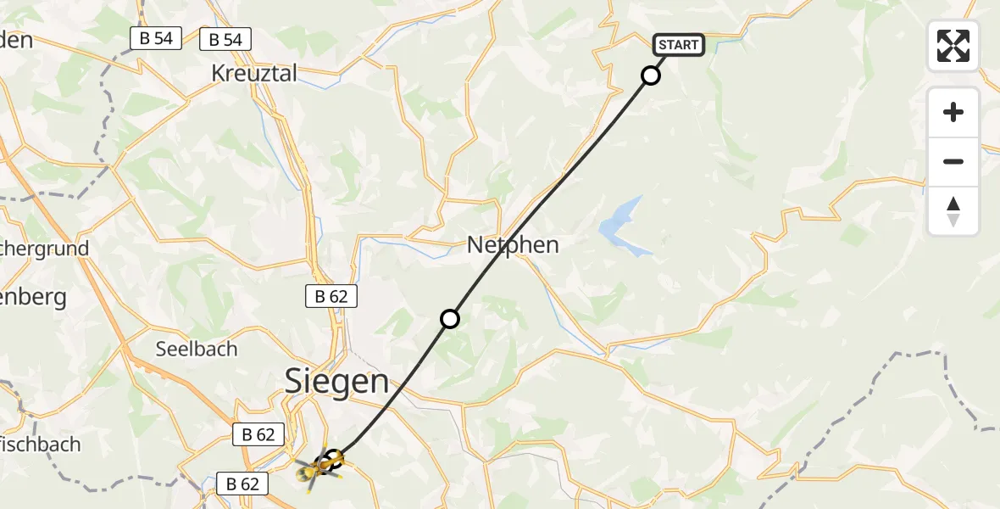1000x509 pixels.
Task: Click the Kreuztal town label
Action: (254, 73)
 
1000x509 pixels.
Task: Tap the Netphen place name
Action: (513, 245)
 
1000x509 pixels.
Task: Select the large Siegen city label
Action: (336, 381)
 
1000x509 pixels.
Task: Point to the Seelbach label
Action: (197, 349)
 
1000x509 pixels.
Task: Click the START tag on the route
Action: (678, 45)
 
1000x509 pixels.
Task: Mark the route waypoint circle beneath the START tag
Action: (650, 76)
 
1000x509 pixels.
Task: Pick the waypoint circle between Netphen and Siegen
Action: (450, 319)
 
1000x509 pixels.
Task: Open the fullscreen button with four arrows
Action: (953, 46)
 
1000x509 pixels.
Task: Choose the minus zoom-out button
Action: (953, 161)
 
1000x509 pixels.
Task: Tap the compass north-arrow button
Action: (953, 211)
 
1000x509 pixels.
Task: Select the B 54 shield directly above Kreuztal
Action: (225, 39)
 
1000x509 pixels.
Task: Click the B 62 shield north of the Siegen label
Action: (331, 296)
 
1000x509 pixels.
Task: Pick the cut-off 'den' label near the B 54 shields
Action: (16, 39)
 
